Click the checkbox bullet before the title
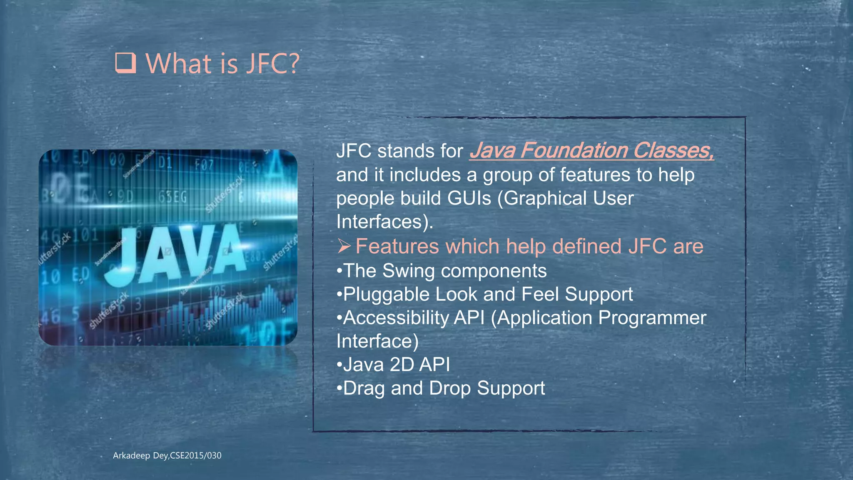point(125,63)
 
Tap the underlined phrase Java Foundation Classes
point(591,150)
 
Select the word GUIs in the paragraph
point(469,198)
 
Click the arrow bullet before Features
point(344,246)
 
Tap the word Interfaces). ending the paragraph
point(384,222)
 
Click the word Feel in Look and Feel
point(540,295)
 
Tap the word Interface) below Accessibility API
point(377,341)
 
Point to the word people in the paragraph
point(365,199)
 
